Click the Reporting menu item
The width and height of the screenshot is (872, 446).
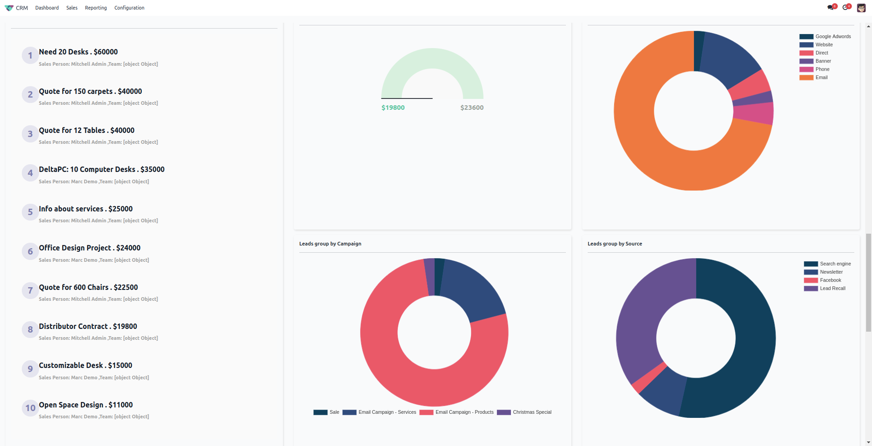point(95,8)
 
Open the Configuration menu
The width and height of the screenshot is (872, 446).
point(129,8)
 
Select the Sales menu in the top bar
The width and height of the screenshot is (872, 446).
point(72,8)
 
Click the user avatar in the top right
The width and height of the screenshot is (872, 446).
point(861,8)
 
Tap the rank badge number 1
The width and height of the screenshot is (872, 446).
point(30,55)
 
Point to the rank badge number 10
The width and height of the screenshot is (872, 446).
point(30,408)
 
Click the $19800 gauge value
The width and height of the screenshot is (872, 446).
point(393,108)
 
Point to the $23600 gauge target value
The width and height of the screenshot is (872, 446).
point(472,108)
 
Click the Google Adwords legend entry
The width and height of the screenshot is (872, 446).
point(832,37)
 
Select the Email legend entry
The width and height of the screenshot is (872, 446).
point(821,78)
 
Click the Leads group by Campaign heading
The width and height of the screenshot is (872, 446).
point(330,244)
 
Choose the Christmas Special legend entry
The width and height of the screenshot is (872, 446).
point(532,412)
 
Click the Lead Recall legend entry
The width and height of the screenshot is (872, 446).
point(832,289)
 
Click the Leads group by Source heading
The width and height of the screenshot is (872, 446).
point(614,244)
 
